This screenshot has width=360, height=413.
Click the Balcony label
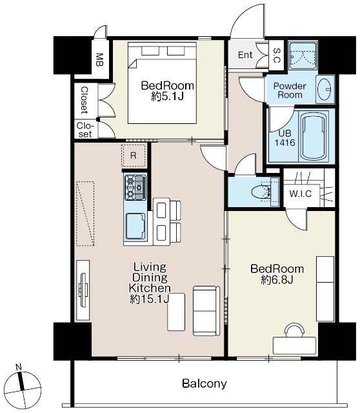click(x=205, y=384)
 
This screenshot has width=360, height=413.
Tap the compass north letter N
click(x=19, y=367)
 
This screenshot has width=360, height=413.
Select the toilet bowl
click(x=261, y=192)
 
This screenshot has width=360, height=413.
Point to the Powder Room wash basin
click(x=324, y=90)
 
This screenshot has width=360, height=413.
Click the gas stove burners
click(x=135, y=187)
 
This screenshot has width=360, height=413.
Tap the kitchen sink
click(x=135, y=227)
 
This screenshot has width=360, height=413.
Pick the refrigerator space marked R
click(x=134, y=156)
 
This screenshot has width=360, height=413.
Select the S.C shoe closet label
click(x=277, y=55)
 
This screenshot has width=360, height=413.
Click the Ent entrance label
click(x=245, y=55)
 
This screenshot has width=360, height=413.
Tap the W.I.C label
click(x=301, y=194)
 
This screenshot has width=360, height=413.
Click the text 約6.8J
click(x=277, y=280)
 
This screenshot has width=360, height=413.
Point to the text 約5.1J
click(x=168, y=97)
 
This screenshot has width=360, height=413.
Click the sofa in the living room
click(x=206, y=310)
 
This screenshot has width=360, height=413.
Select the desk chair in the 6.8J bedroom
click(x=294, y=330)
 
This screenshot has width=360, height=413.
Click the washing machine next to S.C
click(x=303, y=55)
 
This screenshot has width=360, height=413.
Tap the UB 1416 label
click(x=285, y=138)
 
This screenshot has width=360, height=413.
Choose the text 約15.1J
click(x=149, y=299)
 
